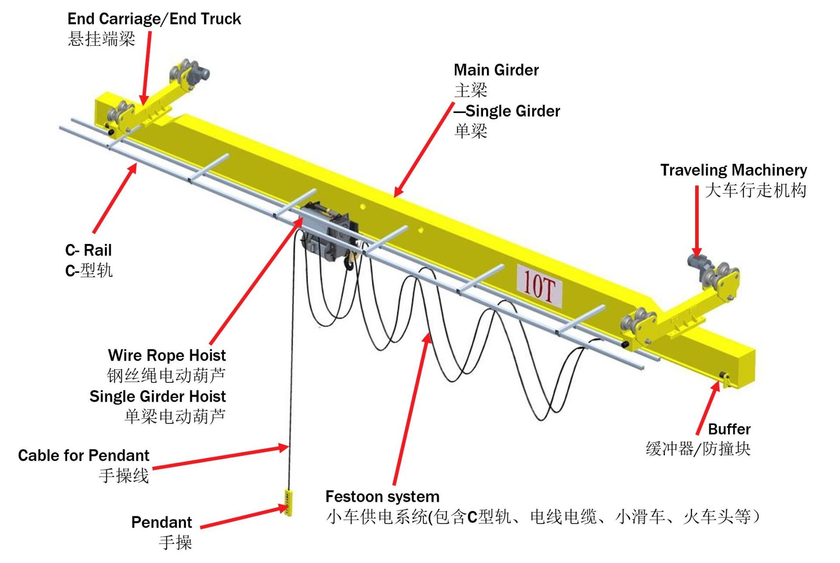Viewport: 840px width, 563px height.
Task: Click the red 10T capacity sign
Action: coord(539,286)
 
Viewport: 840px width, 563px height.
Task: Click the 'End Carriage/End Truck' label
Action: coord(154,19)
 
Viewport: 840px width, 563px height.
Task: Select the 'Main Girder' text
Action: coord(496,70)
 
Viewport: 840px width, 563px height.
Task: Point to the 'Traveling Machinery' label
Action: coord(733,170)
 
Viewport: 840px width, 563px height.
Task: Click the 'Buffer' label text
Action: coord(729,429)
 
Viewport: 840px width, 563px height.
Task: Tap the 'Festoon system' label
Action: coord(382,497)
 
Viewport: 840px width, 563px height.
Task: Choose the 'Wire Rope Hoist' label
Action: coord(167,355)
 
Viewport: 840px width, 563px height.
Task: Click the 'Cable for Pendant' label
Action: coord(84,455)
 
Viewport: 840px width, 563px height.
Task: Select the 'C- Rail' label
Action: coord(88,250)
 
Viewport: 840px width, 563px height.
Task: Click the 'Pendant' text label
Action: coord(161,522)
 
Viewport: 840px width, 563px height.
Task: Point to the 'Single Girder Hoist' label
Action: coord(157,396)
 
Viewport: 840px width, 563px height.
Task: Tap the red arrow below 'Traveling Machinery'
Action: coord(696,221)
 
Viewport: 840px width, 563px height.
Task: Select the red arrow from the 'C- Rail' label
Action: coord(115,198)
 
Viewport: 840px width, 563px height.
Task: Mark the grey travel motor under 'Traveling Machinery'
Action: coord(696,262)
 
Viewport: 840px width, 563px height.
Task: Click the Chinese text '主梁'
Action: coord(471,90)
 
